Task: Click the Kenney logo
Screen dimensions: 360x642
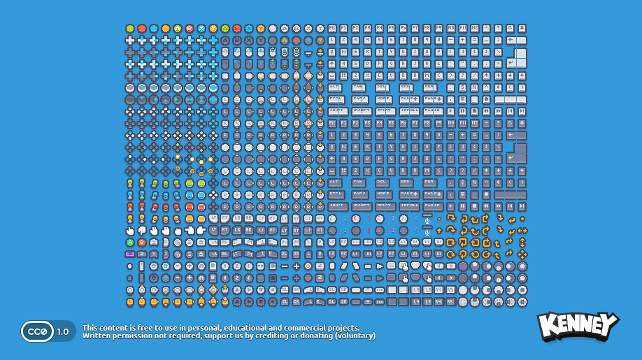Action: [577, 326]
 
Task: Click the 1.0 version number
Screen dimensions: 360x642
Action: [63, 331]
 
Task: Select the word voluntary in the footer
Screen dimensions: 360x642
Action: [355, 336]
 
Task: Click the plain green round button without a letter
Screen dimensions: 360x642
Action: [130, 29]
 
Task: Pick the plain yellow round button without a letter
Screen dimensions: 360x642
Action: [166, 29]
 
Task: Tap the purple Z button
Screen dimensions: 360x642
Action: [130, 254]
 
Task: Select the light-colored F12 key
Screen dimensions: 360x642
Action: [475, 29]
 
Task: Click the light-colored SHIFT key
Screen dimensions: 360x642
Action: [337, 111]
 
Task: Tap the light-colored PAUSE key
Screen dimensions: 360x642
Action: [432, 111]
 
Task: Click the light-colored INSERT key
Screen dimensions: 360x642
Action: [361, 111]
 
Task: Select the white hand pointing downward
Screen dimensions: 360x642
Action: [142, 230]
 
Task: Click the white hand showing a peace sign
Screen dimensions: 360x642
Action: [154, 230]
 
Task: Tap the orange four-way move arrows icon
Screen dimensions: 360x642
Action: [522, 231]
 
